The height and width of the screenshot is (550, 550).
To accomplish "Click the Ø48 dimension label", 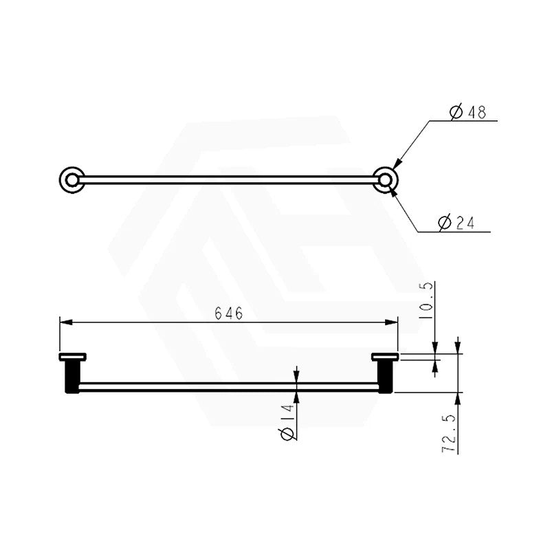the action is pos(468,111).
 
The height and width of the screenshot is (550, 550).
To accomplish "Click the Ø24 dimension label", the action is pos(456,223).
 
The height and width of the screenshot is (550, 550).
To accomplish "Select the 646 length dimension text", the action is pos(229,313).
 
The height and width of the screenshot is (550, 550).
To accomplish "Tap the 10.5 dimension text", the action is pos(426,300).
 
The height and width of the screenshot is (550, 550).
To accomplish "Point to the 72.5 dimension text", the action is pos(450,433).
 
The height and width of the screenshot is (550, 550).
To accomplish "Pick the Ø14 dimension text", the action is pos(287,422).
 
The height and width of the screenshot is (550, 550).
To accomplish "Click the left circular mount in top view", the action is pos(72,180).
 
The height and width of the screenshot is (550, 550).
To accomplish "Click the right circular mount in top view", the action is pos(385,180).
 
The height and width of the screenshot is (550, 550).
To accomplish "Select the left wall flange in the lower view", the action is pos(73,357).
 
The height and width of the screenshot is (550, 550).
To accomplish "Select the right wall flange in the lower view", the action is pos(385,357).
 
